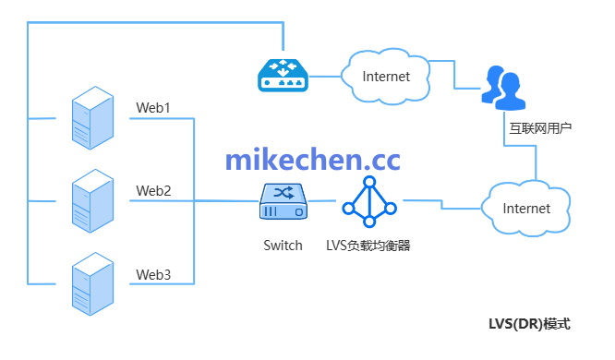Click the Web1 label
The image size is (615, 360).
(153, 108)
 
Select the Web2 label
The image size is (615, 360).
(153, 191)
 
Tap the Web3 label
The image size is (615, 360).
(153, 274)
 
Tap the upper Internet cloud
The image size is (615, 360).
(385, 76)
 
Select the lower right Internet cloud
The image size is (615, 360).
(525, 208)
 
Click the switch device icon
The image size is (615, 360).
(283, 201)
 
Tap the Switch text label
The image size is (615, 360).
(283, 246)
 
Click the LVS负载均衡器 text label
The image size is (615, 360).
(368, 246)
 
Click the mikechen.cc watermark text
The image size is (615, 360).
(313, 159)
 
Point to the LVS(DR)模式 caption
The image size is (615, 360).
(529, 324)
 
